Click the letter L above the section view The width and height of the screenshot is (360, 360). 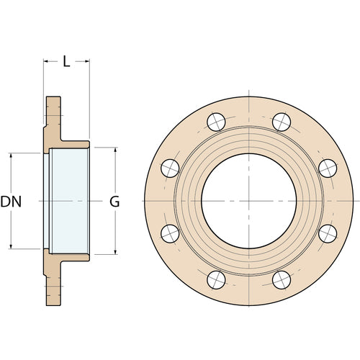click(x=66, y=61)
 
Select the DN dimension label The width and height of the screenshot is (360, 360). click(x=11, y=202)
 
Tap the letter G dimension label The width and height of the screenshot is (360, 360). click(x=114, y=202)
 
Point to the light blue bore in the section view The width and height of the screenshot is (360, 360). click(x=69, y=199)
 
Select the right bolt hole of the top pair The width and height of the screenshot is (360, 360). click(x=281, y=121)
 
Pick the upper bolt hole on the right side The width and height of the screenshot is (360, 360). click(x=327, y=167)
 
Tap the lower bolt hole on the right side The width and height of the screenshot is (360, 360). click(x=327, y=232)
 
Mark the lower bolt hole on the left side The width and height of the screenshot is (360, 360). click(x=170, y=232)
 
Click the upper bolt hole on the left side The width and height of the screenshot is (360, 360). click(x=170, y=167)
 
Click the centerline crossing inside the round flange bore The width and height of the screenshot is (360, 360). click(x=248, y=199)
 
